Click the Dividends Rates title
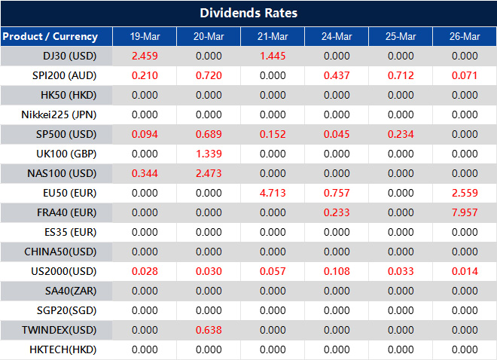(x=248, y=14)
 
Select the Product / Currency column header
(x=50, y=36)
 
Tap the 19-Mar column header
(x=145, y=36)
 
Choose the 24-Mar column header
(x=337, y=36)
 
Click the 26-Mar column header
(x=465, y=36)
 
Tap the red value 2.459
(x=145, y=56)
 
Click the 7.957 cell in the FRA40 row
(x=465, y=212)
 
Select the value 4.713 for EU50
(x=273, y=193)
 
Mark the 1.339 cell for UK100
(x=209, y=154)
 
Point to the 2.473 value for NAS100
(x=209, y=173)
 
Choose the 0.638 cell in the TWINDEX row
(x=209, y=330)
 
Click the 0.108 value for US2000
(x=337, y=271)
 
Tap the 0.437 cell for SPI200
(x=337, y=75)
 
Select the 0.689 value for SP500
(x=209, y=134)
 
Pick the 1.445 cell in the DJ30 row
(x=273, y=56)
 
